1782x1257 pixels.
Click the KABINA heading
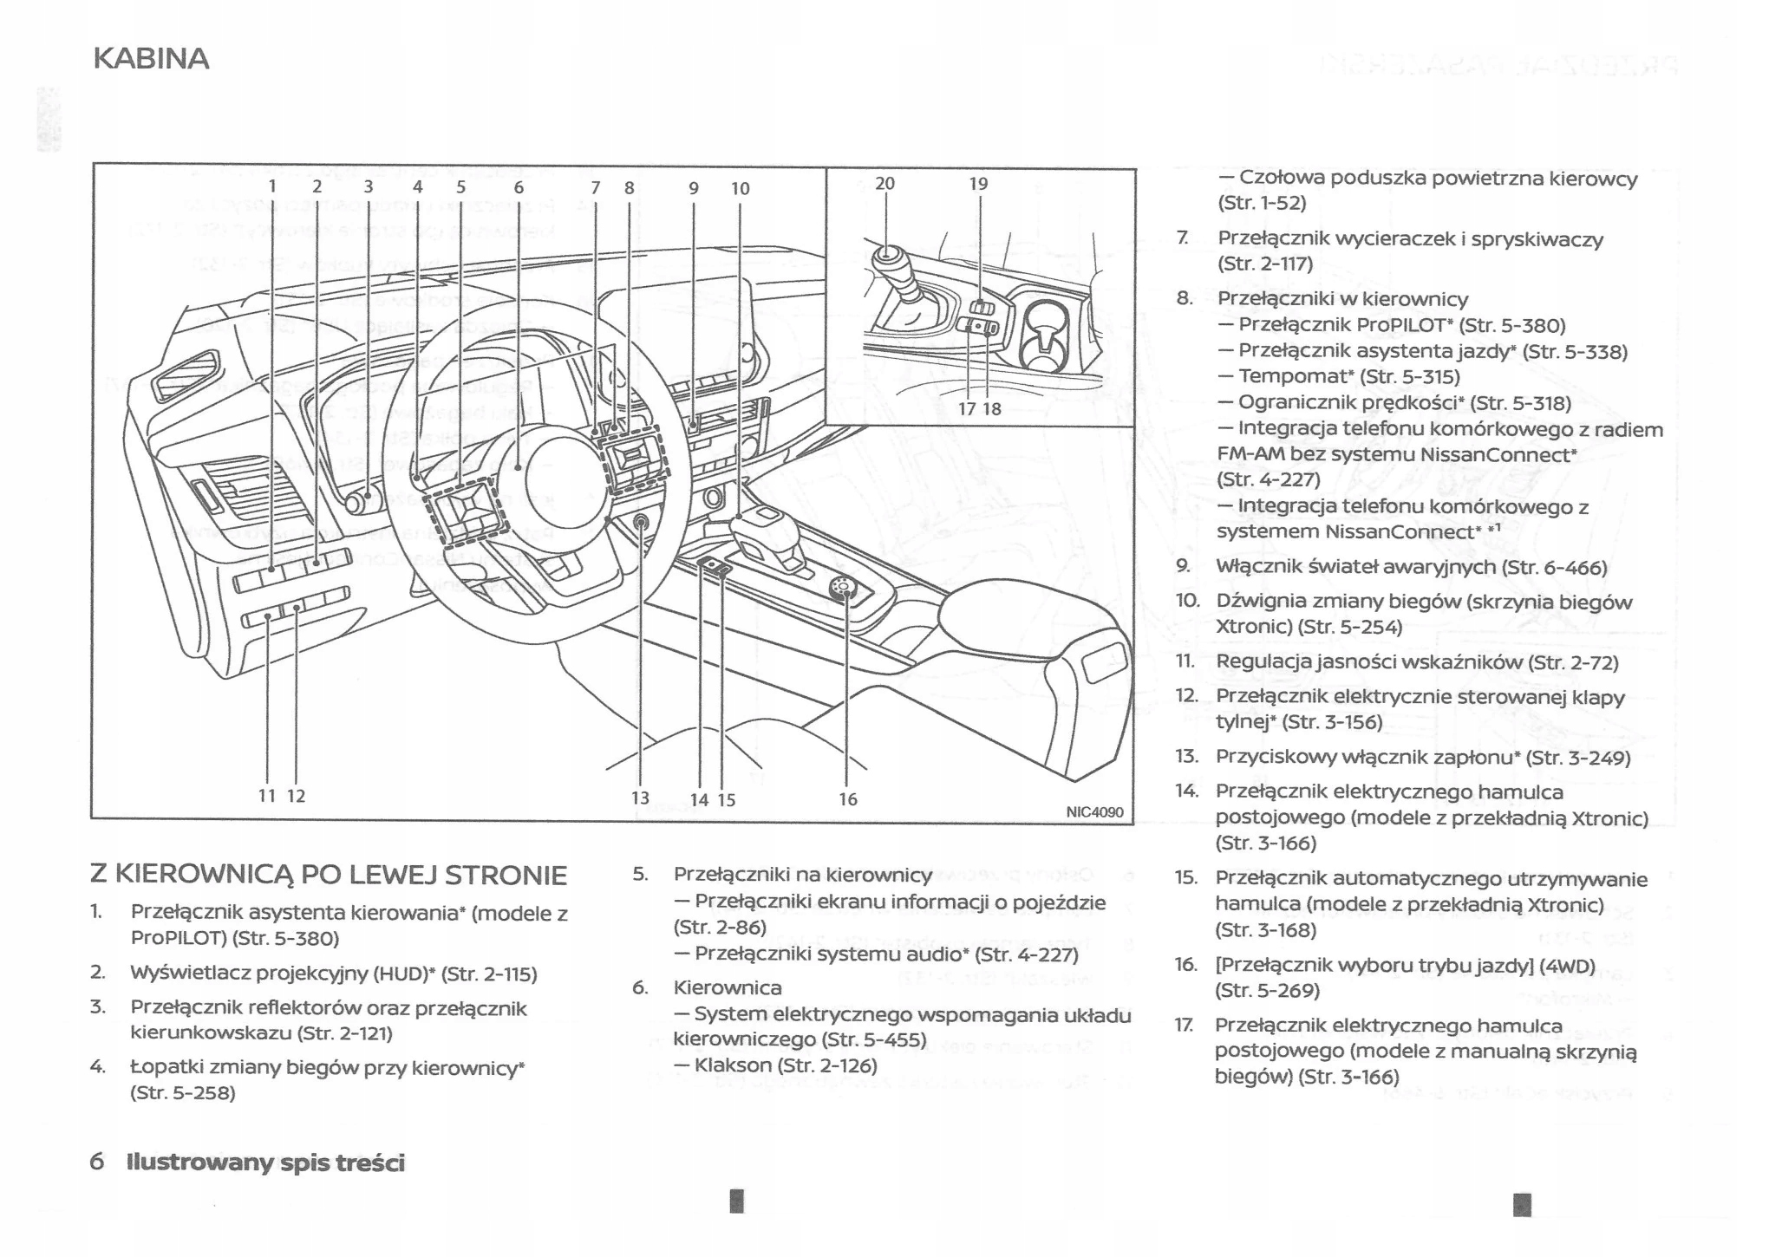click(x=151, y=59)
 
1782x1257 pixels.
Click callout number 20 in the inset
click(x=884, y=184)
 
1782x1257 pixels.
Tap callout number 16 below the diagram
click(x=847, y=799)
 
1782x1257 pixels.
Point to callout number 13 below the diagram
click(x=640, y=798)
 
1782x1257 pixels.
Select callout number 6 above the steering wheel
click(x=519, y=187)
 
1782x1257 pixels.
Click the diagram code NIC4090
click(x=1094, y=812)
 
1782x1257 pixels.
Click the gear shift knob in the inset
click(x=887, y=257)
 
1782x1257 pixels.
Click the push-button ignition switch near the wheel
click(x=641, y=522)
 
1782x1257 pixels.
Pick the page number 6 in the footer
click(x=97, y=1162)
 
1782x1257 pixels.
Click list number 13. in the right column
click(x=1186, y=757)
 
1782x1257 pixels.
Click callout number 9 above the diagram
click(x=694, y=188)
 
